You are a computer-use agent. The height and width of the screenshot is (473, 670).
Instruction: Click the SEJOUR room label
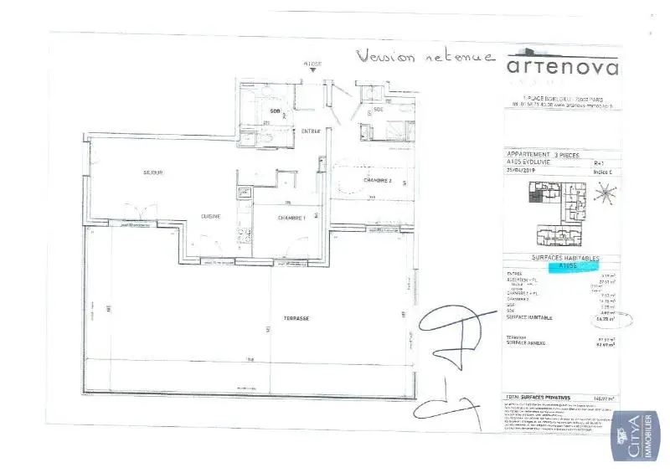(x=152, y=172)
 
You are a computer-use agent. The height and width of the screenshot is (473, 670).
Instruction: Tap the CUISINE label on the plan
(x=210, y=217)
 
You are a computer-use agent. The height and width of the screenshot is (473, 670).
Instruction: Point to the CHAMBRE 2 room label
(x=379, y=181)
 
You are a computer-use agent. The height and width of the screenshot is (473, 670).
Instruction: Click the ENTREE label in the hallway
(x=312, y=131)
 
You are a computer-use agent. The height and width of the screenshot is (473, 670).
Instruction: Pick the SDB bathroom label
(x=275, y=111)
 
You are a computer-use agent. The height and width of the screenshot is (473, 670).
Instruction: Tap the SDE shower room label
(x=379, y=110)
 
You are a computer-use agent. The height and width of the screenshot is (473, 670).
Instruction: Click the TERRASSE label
(x=297, y=319)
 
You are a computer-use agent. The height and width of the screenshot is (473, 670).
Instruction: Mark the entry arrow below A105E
(x=312, y=71)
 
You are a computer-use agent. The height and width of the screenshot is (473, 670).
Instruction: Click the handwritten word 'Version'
(x=387, y=57)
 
